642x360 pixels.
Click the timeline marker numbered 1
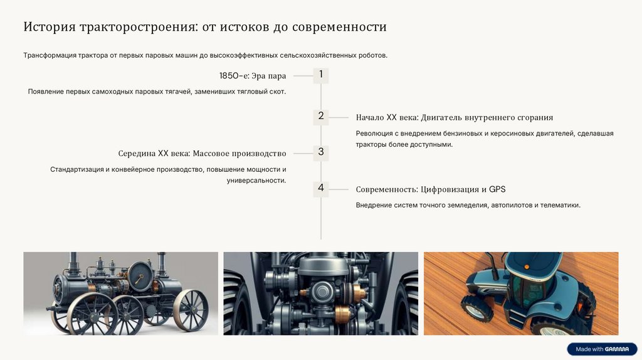click(320, 75)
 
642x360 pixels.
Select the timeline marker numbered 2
click(320, 117)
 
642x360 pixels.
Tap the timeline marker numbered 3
click(320, 153)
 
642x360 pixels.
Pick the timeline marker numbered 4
click(320, 189)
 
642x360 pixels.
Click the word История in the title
click(50, 26)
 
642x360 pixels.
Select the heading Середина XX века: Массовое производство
click(203, 154)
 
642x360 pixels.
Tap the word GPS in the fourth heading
click(497, 189)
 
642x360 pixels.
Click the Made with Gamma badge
click(602, 349)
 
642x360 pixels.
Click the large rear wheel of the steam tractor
click(190, 310)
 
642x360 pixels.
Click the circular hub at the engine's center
click(322, 292)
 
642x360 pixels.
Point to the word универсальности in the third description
click(256, 181)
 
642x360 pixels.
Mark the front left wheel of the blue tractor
click(477, 308)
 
